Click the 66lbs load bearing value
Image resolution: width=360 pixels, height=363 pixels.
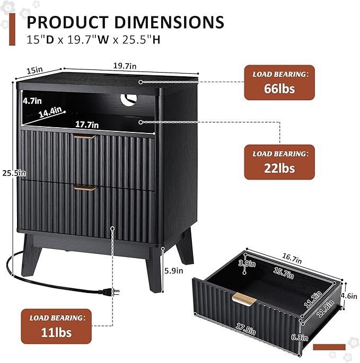pos(279,88)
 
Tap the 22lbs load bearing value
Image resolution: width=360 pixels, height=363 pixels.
pos(279,169)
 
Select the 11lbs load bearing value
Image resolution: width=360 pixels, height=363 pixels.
pos(56,332)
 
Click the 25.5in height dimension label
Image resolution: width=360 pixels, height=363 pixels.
pos(14,173)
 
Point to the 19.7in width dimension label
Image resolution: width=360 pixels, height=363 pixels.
pos(125,66)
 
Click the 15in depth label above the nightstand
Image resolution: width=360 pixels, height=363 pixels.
pos(34,70)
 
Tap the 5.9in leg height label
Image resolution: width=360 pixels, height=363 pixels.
pos(174,270)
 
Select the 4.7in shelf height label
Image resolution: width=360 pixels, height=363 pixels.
pos(32,101)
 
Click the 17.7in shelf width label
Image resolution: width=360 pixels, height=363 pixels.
pos(87,125)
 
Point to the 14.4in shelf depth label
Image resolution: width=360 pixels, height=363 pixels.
pos(50,112)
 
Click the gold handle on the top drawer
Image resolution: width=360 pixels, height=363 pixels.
pos(84,136)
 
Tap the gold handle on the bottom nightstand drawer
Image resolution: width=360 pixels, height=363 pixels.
pos(84,188)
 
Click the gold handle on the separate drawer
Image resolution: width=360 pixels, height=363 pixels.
pos(244,299)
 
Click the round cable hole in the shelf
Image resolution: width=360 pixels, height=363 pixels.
pos(128,100)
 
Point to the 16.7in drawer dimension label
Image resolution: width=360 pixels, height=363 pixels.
pos(292,259)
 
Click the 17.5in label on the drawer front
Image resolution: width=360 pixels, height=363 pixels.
pos(246,329)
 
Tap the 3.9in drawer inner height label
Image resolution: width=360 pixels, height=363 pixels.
pos(247,263)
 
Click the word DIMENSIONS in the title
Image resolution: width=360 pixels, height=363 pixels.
pos(169,22)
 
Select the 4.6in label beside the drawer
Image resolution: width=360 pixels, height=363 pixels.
pos(349,296)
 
